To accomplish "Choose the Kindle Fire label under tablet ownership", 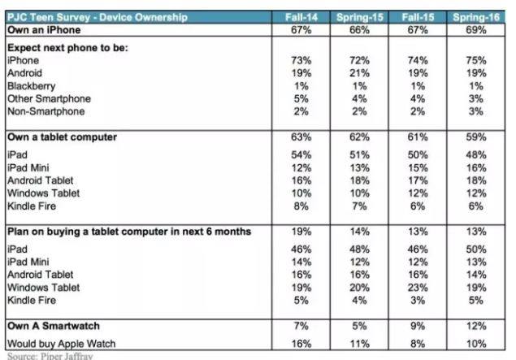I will [29, 206].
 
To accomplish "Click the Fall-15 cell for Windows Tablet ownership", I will [417, 193].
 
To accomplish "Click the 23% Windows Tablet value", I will [417, 287].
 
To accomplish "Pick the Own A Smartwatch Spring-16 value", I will [475, 327].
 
